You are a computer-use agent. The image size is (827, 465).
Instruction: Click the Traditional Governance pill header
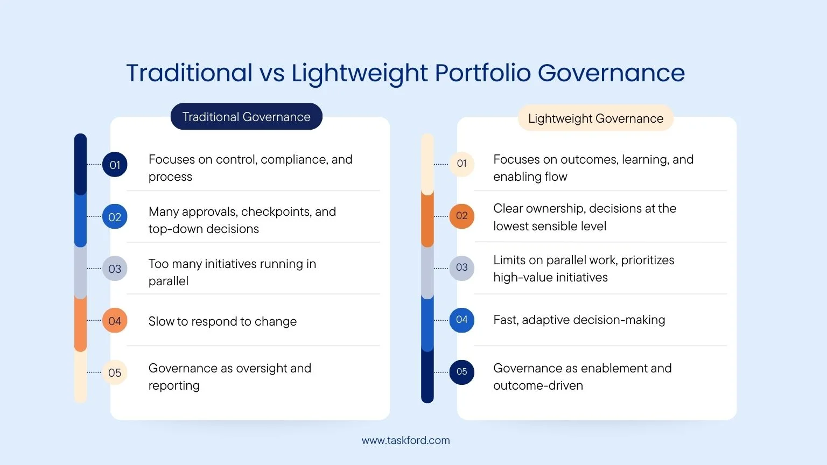(x=246, y=116)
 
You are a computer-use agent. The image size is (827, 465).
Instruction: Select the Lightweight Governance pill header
(x=595, y=118)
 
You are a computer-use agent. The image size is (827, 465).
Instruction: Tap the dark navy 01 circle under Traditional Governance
(x=115, y=164)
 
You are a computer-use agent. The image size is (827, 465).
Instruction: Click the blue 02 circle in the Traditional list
(x=115, y=216)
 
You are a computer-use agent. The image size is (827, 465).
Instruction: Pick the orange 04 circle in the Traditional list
(x=115, y=320)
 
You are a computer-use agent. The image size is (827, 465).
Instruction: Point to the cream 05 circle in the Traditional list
(x=115, y=372)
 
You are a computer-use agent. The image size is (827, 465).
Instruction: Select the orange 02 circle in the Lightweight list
(x=462, y=216)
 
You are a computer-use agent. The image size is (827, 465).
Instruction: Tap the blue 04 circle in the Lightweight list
(x=462, y=320)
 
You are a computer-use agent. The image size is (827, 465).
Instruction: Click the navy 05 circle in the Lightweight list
(x=462, y=372)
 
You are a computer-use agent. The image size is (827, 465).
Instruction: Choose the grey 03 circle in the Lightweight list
(x=462, y=268)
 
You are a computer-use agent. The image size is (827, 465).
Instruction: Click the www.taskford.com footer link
(x=406, y=440)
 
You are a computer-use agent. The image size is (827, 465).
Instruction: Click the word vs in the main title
(x=272, y=73)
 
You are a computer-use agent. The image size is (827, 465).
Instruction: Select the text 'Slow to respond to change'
(x=222, y=321)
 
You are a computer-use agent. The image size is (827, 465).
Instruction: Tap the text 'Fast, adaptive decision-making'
(x=579, y=320)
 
